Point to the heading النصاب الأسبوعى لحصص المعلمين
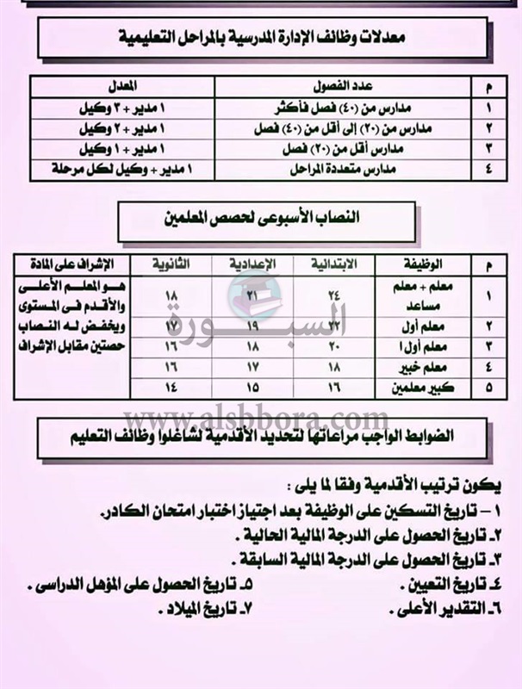(261, 216)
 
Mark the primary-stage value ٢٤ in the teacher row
(335, 293)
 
